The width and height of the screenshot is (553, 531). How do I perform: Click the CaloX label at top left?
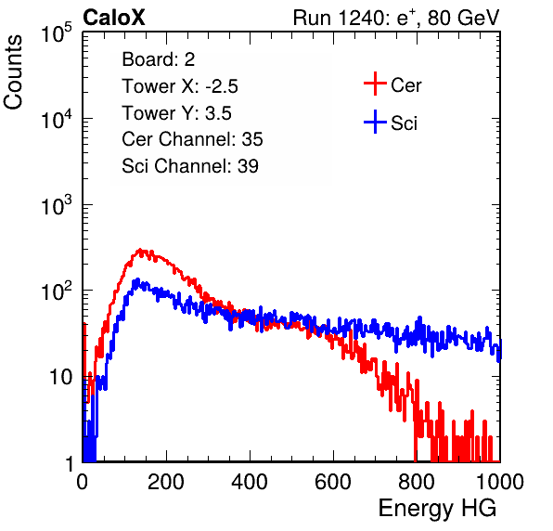114,18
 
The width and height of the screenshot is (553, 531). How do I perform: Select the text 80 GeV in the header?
463,18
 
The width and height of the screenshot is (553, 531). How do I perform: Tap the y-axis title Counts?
13,72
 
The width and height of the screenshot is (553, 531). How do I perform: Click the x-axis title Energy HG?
437,509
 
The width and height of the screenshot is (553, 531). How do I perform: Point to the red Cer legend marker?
375,84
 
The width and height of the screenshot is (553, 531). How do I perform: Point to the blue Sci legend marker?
375,123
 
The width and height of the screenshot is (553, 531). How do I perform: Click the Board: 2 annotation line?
159,59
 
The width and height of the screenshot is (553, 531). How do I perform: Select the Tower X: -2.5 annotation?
180,86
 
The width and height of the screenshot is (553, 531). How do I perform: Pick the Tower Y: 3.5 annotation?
176,113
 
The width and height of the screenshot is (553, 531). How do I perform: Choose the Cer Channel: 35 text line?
192,139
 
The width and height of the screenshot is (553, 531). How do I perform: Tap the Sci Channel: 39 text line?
190,166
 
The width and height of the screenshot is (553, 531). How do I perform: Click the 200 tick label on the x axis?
166,482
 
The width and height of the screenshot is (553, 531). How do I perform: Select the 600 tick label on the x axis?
333,482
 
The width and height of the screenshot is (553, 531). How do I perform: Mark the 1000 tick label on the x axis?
499,482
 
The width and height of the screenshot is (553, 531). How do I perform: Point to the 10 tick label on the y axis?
60,377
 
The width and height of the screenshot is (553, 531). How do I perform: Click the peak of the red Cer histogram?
140,250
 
